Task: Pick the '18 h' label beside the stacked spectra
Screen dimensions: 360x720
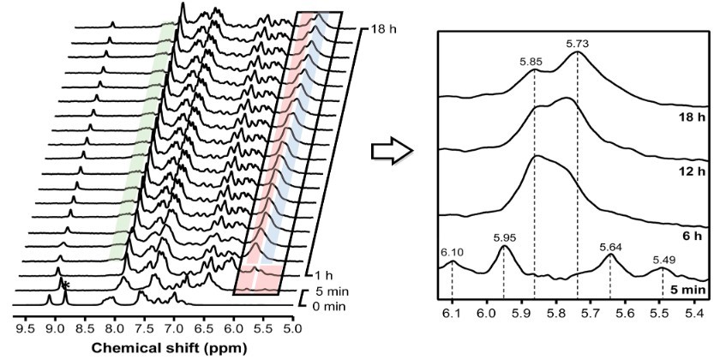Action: (x=375, y=27)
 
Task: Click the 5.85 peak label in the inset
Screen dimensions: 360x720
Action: (x=532, y=62)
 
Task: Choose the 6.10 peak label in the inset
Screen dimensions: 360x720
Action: (x=452, y=250)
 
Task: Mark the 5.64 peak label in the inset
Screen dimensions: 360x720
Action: (x=610, y=246)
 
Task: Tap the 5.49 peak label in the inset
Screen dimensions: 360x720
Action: (x=663, y=260)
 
